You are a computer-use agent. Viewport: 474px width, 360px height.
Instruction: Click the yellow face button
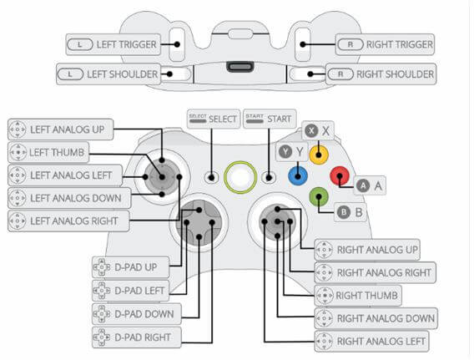319,155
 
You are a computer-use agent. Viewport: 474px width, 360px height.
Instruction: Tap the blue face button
298,175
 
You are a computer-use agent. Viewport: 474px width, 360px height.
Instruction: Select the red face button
340,175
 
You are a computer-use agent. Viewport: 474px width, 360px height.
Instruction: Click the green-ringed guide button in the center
240,177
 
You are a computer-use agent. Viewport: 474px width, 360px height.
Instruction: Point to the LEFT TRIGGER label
113,44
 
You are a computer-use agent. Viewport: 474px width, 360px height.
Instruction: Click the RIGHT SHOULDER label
381,74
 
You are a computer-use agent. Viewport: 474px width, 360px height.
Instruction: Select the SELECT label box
214,119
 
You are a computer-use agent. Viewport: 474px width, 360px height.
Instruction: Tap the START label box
270,119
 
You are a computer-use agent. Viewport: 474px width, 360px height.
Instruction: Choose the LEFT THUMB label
48,152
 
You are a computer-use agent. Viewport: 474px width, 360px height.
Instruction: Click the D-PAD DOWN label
137,314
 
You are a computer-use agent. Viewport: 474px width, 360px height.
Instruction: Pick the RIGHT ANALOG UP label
367,250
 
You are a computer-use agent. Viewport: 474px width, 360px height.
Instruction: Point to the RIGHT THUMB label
358,295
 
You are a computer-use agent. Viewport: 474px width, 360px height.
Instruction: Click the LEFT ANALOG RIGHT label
68,221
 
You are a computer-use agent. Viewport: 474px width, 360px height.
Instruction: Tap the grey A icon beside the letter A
363,185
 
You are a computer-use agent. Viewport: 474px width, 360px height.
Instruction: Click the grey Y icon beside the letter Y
285,151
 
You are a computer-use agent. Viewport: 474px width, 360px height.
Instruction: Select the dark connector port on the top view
240,67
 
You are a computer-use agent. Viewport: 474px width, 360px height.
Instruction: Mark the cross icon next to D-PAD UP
102,267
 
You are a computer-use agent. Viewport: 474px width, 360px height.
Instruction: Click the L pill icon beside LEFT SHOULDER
70,74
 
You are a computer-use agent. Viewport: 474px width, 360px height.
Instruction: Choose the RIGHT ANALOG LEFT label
371,342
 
